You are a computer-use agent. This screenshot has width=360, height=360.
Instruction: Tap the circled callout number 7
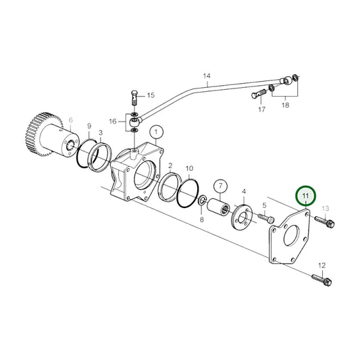click(220, 185)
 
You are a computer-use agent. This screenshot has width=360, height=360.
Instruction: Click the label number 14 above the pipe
click(207, 76)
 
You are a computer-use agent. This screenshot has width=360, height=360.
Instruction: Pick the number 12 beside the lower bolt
click(322, 265)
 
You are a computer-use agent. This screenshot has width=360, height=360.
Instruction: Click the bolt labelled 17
click(261, 92)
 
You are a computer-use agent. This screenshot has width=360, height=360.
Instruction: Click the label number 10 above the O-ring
click(189, 168)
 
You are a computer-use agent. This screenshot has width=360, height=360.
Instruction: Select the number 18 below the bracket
click(286, 106)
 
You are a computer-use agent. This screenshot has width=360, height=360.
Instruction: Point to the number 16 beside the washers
click(112, 121)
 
